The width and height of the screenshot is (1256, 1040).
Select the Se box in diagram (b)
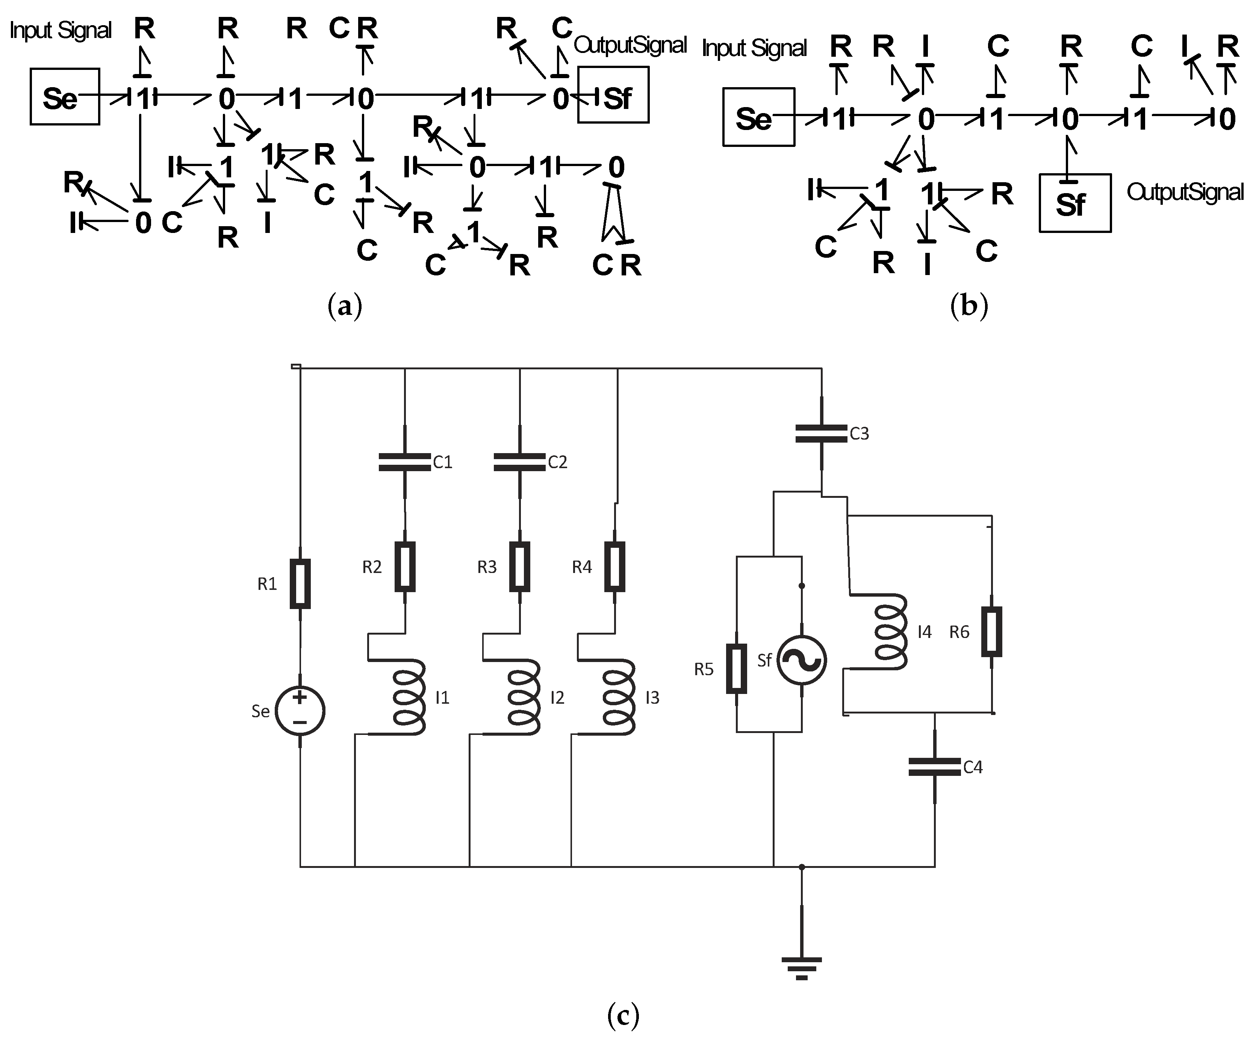point(758,117)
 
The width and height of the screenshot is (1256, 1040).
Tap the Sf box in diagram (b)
point(1075,203)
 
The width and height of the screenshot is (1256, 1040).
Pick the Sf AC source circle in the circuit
point(802,660)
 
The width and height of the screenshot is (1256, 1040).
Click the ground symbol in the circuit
point(802,966)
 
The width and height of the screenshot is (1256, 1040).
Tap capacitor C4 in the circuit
point(934,767)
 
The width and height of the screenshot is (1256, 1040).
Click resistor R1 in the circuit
point(300,584)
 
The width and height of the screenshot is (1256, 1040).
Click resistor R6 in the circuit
point(991,632)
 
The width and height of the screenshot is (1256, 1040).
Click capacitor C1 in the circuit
point(405,462)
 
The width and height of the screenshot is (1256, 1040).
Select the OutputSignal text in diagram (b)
point(1185,192)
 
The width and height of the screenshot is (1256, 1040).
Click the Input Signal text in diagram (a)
point(61,30)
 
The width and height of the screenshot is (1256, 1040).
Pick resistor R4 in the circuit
point(615,566)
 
